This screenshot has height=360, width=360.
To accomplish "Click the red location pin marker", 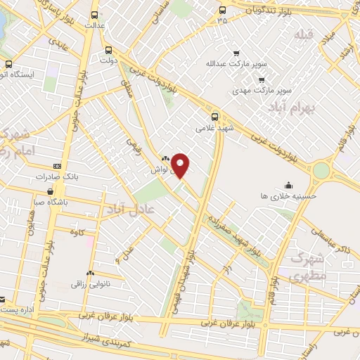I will pos(181,165).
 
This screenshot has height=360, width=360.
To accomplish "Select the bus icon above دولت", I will pos(108,50).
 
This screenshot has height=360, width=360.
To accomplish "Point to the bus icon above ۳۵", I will pos(223,10).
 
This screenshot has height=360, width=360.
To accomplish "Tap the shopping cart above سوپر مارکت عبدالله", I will pos(236,53).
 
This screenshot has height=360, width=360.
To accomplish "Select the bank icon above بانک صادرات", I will pos(57,166).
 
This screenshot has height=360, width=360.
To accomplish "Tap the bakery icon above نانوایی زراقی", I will pos(89,273).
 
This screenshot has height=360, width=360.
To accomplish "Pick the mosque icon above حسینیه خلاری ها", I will pos(288,186).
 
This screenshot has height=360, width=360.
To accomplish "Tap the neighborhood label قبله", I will pos(302,34).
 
